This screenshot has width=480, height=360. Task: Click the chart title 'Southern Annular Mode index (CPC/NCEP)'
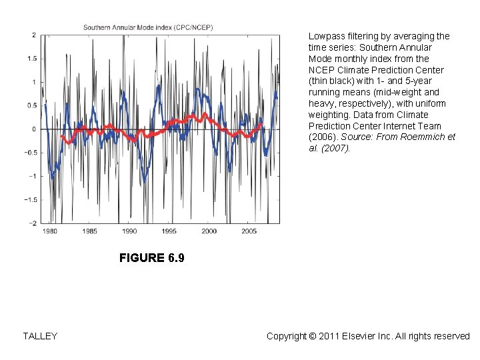click(x=147, y=27)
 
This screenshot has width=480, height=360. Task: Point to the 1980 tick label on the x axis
click(x=50, y=231)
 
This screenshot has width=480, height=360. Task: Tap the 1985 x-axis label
click(x=89, y=231)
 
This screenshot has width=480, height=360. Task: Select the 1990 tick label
click(x=129, y=231)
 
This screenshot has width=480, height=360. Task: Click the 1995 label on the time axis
click(x=169, y=231)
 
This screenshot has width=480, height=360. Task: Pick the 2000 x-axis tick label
click(x=209, y=231)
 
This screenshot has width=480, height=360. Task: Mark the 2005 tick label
click(x=249, y=231)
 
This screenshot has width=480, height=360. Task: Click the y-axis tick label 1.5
click(x=31, y=59)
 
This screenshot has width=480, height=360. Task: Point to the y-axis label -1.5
click(x=30, y=200)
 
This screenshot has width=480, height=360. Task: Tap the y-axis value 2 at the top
click(x=34, y=35)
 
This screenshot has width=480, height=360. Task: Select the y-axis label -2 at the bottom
click(x=32, y=223)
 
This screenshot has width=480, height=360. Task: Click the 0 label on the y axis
click(x=34, y=129)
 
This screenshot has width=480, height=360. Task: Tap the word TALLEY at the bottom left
click(x=40, y=336)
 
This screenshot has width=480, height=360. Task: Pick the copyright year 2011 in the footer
click(x=328, y=336)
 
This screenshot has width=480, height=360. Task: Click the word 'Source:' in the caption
click(x=358, y=137)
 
